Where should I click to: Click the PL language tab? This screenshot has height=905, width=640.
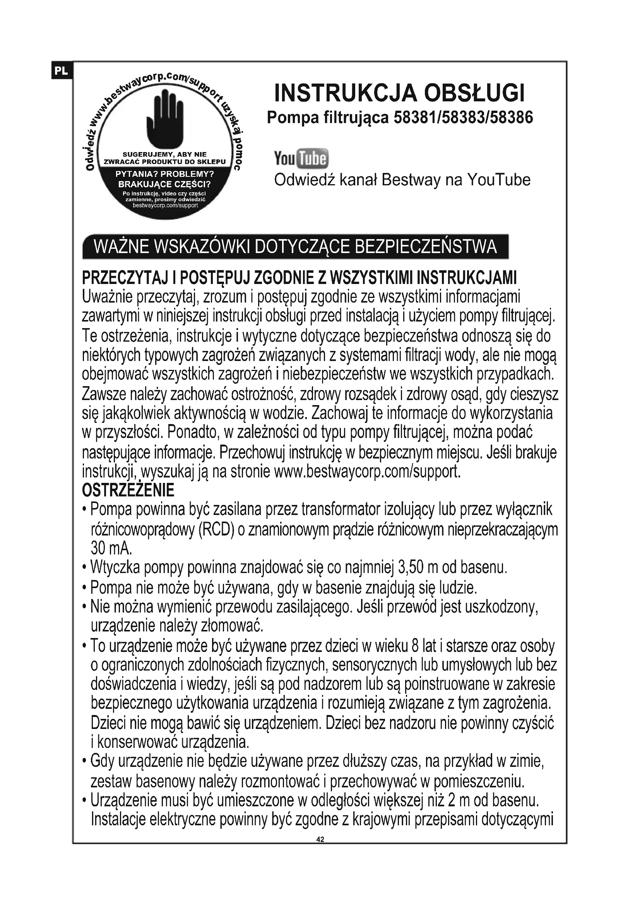click(61, 71)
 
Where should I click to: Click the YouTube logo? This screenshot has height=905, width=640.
click(301, 159)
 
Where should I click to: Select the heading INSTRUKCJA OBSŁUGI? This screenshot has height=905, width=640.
click(399, 93)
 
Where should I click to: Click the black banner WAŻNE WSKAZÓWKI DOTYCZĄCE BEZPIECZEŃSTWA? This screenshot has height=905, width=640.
click(295, 247)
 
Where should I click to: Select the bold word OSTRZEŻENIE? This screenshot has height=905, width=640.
click(128, 490)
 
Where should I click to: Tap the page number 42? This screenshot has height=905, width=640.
click(320, 840)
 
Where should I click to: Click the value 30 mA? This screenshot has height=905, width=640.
click(111, 548)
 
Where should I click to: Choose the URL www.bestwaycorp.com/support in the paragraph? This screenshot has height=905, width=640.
click(366, 471)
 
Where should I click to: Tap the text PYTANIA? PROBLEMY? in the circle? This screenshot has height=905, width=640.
click(164, 174)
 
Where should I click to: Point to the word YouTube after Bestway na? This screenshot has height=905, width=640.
click(499, 180)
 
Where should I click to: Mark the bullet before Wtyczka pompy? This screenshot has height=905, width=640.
click(84, 568)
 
